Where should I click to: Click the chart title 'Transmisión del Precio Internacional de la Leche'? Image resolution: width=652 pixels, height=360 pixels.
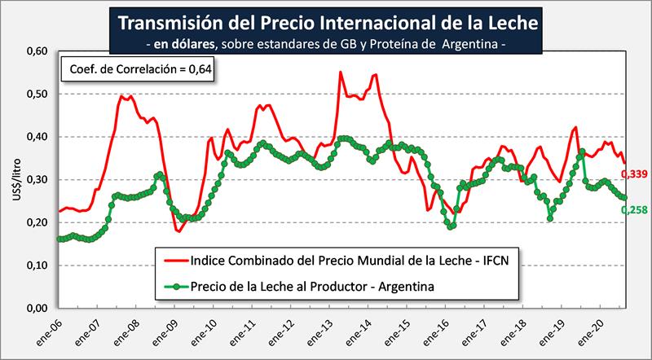click(x=324, y=20)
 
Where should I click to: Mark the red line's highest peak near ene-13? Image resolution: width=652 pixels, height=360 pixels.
click(x=340, y=72)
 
